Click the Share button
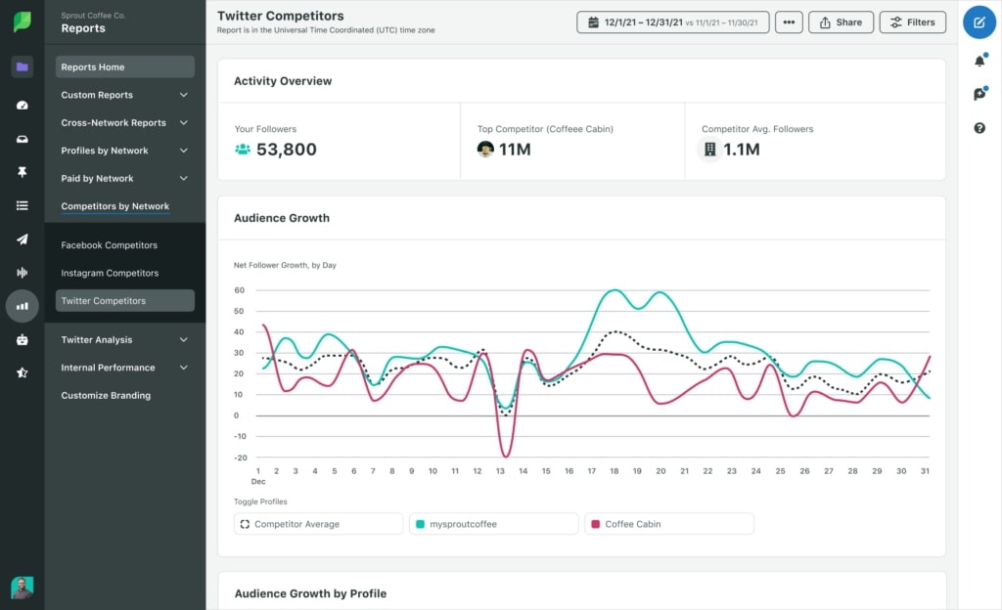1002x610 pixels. [841, 22]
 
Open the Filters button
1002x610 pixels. [912, 22]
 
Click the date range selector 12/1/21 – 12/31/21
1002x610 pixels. [672, 22]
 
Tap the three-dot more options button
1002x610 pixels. [789, 22]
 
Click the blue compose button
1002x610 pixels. [979, 22]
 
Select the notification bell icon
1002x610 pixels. [979, 62]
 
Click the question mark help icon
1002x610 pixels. [979, 128]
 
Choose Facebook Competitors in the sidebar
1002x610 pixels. [109, 245]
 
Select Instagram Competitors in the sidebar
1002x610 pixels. [110, 273]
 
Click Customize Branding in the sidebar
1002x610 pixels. [106, 396]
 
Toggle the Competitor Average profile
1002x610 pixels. [318, 524]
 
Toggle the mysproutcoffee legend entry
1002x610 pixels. [493, 524]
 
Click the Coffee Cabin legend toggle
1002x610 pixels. [668, 524]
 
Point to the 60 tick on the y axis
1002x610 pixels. [239, 290]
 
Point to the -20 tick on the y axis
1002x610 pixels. [238, 457]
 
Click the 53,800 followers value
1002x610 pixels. [286, 150]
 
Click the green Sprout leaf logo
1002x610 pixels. [22, 22]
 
